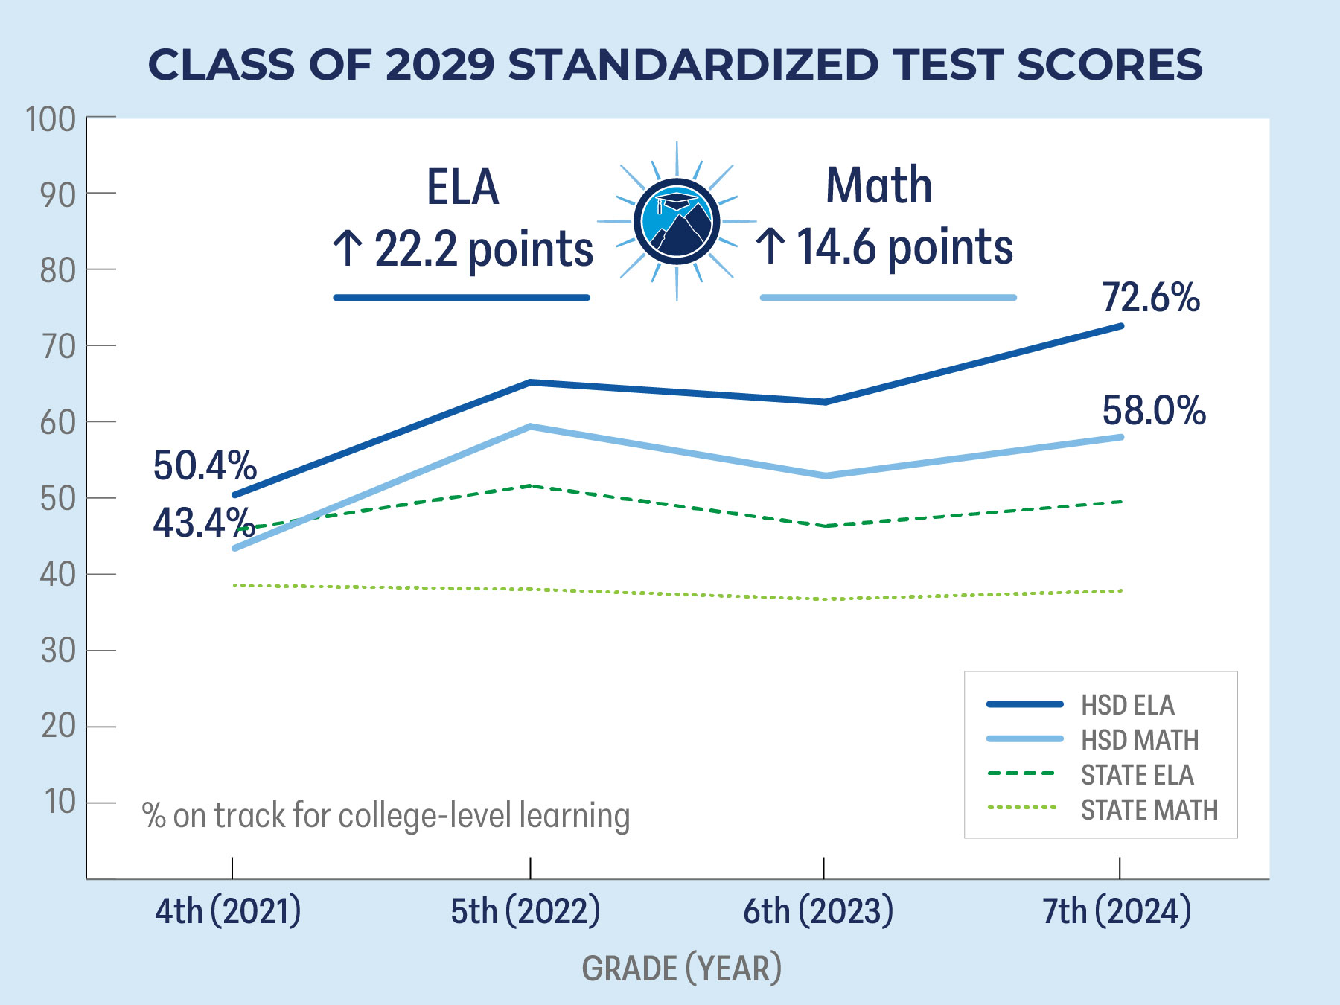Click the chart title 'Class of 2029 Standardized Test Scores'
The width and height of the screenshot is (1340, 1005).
[x=675, y=65]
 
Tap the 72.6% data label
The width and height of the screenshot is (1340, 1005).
[x=1151, y=297]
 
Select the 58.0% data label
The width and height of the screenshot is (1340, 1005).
[x=1154, y=410]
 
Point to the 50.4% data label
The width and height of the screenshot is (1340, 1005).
[x=205, y=466]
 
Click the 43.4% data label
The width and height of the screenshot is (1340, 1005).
[x=203, y=523]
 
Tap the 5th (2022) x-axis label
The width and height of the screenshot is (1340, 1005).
[x=526, y=911]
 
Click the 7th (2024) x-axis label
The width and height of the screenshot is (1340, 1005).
[x=1117, y=911]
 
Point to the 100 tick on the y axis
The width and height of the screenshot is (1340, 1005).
[x=51, y=119]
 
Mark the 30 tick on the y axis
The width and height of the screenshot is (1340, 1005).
[x=58, y=651]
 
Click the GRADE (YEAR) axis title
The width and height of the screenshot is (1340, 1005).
[x=681, y=969]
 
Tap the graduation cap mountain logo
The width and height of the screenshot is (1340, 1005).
[x=677, y=221]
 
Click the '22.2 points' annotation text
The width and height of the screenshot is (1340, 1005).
[x=483, y=249]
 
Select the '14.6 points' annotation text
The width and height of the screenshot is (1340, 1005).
[x=904, y=246]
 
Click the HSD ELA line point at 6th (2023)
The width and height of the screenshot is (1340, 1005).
[x=824, y=402]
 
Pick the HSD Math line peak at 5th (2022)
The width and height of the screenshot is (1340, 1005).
[x=530, y=427]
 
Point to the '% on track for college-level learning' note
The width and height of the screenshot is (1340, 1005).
[x=386, y=816]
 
